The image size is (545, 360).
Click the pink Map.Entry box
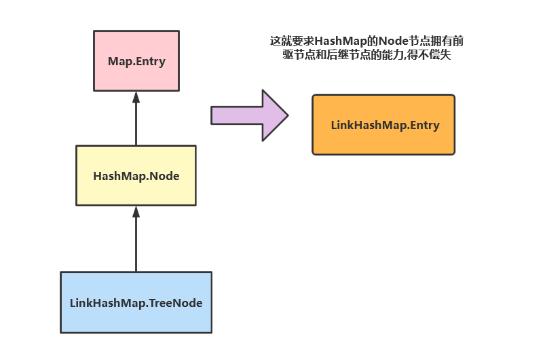tap(136, 60)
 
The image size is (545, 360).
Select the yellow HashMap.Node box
tap(136, 175)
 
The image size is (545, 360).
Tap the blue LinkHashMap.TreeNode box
tap(136, 302)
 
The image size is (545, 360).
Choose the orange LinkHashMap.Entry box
tap(383, 125)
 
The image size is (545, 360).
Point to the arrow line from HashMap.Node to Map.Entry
tap(136, 122)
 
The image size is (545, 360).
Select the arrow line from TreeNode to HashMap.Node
tap(136, 241)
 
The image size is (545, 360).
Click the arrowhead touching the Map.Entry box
tap(136, 96)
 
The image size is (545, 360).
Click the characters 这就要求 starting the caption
tap(292, 41)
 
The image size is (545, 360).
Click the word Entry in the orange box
tap(424, 126)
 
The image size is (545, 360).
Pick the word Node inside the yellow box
tap(166, 176)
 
